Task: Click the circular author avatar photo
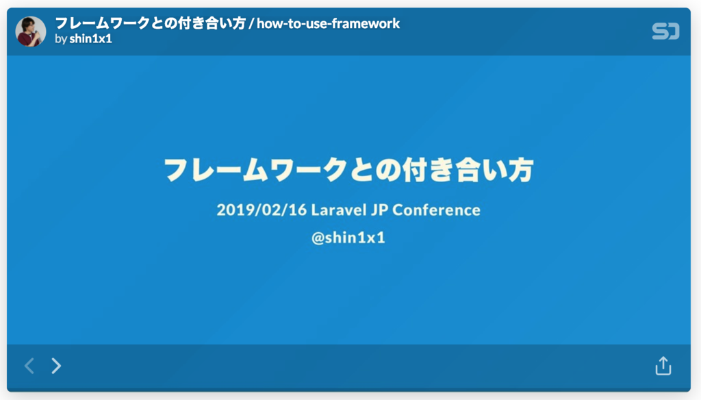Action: click(x=31, y=32)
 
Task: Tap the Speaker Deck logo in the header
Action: click(x=665, y=32)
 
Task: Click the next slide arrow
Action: click(x=56, y=366)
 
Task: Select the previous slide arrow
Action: click(x=29, y=366)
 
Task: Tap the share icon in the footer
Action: click(x=663, y=366)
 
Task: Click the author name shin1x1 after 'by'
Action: click(x=91, y=39)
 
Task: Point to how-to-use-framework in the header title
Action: click(x=328, y=23)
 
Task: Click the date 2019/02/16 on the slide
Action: click(x=262, y=210)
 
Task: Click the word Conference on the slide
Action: click(x=436, y=210)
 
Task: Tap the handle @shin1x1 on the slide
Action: click(x=348, y=237)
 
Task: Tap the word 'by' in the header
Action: click(x=61, y=39)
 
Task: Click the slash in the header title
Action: click(x=251, y=23)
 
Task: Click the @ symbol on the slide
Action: click(x=318, y=238)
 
